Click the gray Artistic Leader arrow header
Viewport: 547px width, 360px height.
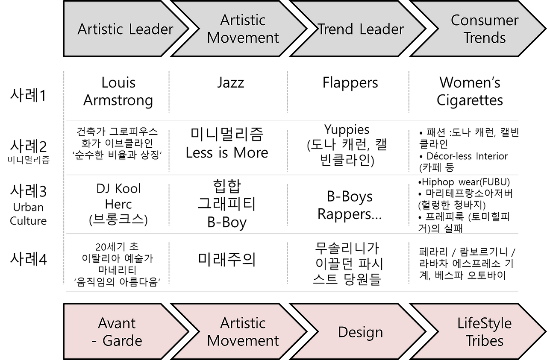click(122, 29)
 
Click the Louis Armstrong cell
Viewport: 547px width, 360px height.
click(118, 91)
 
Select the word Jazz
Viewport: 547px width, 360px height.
click(230, 82)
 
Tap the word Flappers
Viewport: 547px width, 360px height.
click(350, 83)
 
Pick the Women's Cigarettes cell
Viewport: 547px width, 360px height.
click(470, 91)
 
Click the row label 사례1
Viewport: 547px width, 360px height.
click(28, 95)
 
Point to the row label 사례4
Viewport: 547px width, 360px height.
click(28, 259)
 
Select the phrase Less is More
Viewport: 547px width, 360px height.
click(227, 153)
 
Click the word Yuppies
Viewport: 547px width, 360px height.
click(347, 130)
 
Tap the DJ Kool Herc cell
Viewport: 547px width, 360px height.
click(118, 204)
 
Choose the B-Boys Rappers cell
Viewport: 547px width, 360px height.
click(350, 205)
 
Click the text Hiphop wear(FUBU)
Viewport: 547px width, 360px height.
click(464, 182)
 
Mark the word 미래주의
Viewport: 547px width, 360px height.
click(227, 259)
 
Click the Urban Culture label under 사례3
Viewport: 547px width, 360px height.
click(28, 214)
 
